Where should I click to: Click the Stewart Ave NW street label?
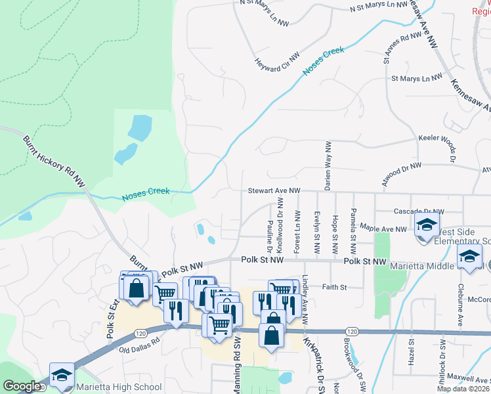pos(274,191)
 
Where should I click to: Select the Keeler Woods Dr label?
pos(437,140)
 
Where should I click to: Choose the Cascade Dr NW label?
pos(419,211)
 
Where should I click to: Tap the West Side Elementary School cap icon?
pos(427,225)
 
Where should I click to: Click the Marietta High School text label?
pos(120,387)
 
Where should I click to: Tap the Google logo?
pos(22,386)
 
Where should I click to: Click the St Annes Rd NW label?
pos(398,49)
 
